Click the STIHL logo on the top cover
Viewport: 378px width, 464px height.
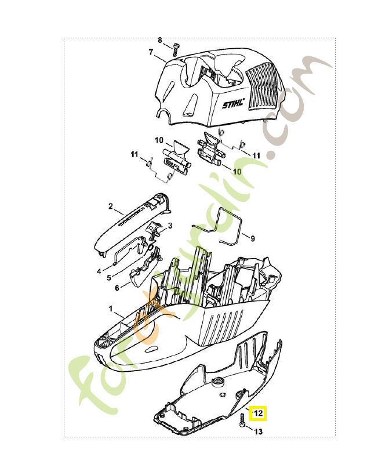234,104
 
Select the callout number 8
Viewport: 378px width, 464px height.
160,40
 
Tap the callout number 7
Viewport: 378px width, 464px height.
151,52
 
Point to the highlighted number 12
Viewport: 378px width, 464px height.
258,413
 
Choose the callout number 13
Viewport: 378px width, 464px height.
258,432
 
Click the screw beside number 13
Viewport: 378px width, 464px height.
242,422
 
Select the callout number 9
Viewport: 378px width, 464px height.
253,238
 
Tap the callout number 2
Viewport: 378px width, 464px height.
111,206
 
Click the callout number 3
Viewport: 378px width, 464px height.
170,226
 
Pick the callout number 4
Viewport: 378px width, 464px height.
99,271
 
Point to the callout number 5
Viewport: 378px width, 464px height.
109,278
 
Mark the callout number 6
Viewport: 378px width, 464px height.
117,288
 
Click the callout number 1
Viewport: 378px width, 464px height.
111,309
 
